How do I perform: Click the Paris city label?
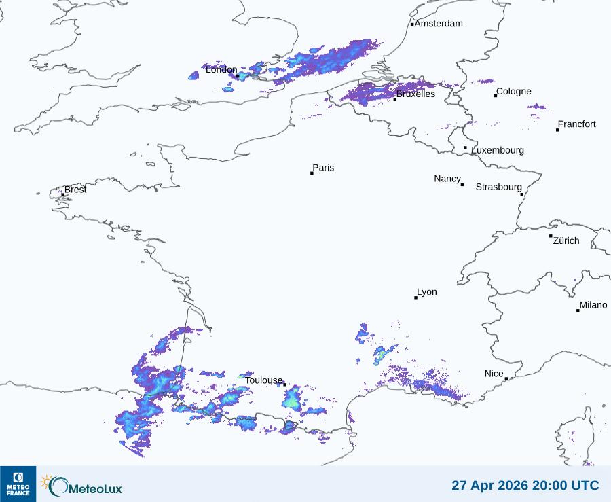coord(323,168)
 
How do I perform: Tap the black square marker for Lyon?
coord(416,298)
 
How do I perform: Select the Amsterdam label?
coord(439,24)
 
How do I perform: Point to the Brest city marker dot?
coord(63,194)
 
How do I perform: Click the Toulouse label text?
coord(263,380)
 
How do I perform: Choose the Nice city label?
coord(494,374)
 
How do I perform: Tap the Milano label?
coord(593,305)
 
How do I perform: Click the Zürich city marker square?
coord(551,236)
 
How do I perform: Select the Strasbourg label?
coord(499,187)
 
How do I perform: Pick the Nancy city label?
coord(447,179)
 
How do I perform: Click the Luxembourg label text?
coord(498,150)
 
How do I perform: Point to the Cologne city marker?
coord(496,96)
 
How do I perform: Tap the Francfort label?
coord(577,124)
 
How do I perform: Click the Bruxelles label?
coord(415,94)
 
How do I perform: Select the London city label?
coord(221,70)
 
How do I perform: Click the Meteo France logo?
coord(18,484)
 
